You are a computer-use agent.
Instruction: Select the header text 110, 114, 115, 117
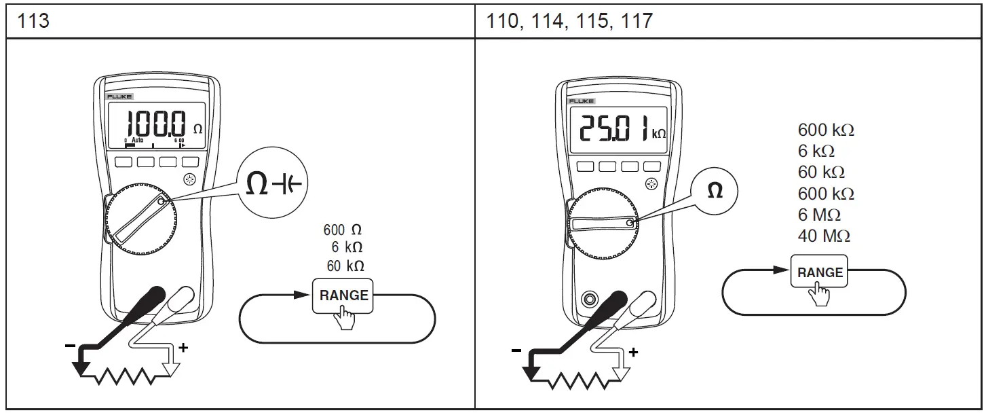[x=570, y=21]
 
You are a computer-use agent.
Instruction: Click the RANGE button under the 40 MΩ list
[x=820, y=273]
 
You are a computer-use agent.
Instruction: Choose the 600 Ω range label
[x=347, y=230]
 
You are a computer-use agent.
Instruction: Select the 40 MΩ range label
[x=824, y=236]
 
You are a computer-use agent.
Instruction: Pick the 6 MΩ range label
[x=819, y=215]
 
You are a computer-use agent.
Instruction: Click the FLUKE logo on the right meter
[x=581, y=101]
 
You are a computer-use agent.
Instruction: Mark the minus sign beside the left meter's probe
[x=70, y=346]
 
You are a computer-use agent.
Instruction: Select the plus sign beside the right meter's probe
[x=633, y=352]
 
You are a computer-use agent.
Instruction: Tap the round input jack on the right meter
[x=589, y=299]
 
